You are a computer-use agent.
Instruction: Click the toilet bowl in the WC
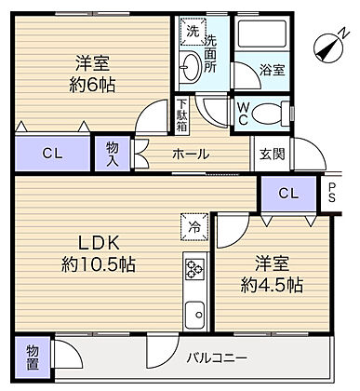point(270,114)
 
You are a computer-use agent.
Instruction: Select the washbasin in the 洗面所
point(191,67)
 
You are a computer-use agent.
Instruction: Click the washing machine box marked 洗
point(193,32)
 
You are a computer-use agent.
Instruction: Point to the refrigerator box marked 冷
point(194,227)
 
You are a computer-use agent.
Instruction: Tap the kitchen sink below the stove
point(194,315)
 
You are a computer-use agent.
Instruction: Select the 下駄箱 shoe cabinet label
point(181,115)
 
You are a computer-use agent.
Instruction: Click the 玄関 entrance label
point(272,154)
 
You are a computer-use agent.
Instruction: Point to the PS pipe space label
point(332,193)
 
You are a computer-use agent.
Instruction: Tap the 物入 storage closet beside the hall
point(113,154)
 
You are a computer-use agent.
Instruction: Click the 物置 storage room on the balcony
point(33,357)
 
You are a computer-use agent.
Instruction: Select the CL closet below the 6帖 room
point(53,154)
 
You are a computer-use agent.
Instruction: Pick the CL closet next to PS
point(288,194)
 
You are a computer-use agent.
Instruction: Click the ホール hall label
point(191,154)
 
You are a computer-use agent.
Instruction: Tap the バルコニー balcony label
point(217,358)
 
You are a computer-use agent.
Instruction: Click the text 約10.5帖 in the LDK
point(99,264)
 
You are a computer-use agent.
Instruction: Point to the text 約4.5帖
point(272,285)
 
